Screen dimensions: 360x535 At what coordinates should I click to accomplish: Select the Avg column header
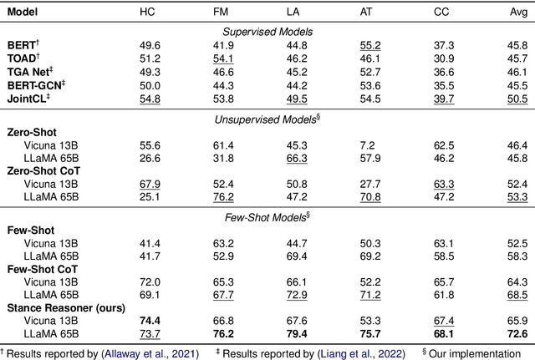pos(517,13)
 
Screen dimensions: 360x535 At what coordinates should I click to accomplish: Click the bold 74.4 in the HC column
pos(150,320)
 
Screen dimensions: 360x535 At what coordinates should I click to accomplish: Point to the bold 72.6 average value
pos(517,333)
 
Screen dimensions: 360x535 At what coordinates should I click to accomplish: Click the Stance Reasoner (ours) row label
pos(56,307)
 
